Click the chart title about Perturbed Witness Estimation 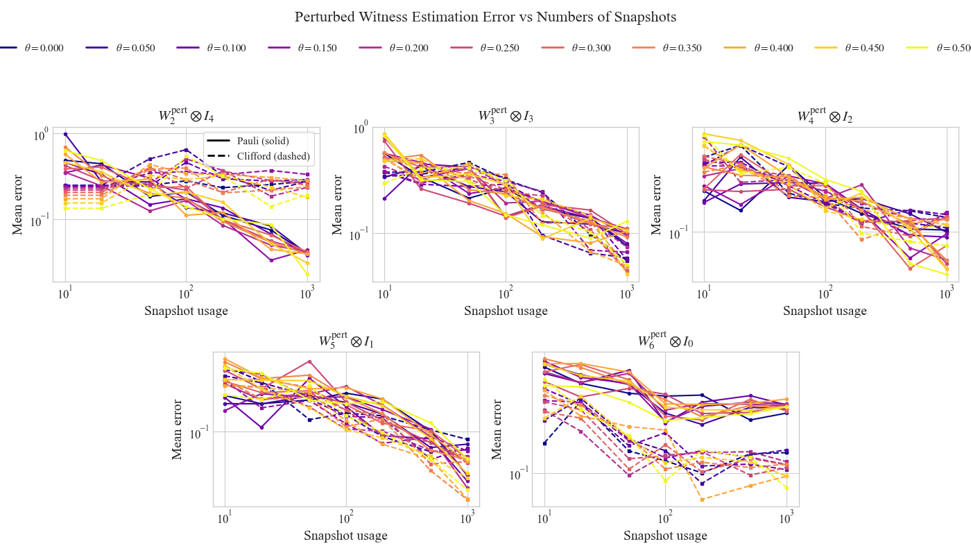coord(485,17)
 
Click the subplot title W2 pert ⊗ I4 coord(186,115)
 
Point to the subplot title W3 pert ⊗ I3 coord(506,115)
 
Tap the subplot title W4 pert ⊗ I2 coord(825,115)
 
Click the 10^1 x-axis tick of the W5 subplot coord(225,518)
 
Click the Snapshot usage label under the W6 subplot coord(665,536)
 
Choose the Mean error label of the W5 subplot coord(178,429)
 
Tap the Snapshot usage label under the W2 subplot coord(186,311)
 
